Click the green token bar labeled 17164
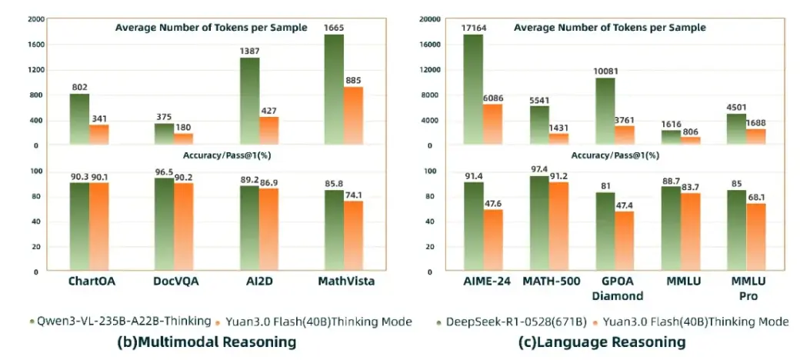click(x=473, y=88)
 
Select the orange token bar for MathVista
click(x=352, y=115)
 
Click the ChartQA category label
click(x=90, y=282)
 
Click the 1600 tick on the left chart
click(x=35, y=45)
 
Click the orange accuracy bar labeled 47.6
click(x=492, y=240)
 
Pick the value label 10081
click(x=604, y=72)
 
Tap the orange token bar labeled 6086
click(x=492, y=123)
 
